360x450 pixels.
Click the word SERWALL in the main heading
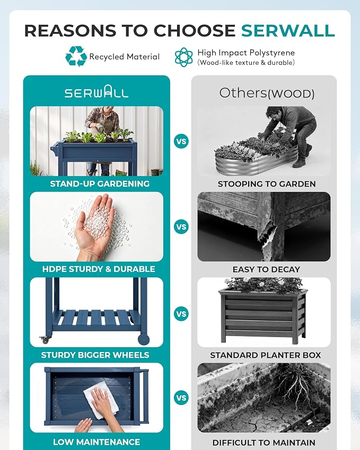[288, 30]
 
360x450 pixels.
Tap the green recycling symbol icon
[76, 56]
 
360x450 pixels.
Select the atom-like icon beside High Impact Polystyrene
[184, 57]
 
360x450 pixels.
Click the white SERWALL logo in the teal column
[96, 92]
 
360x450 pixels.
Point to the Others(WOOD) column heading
[267, 93]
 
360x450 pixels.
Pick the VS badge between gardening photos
[181, 142]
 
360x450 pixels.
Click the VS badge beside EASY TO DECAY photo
[181, 227]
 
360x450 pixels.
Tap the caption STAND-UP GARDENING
[100, 184]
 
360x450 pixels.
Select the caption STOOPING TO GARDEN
[267, 184]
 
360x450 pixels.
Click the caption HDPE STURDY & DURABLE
[99, 269]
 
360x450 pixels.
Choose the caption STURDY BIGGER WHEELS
[95, 355]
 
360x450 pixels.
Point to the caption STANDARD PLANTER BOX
[266, 355]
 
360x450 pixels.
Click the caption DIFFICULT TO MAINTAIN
[264, 443]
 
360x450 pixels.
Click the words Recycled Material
[124, 57]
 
